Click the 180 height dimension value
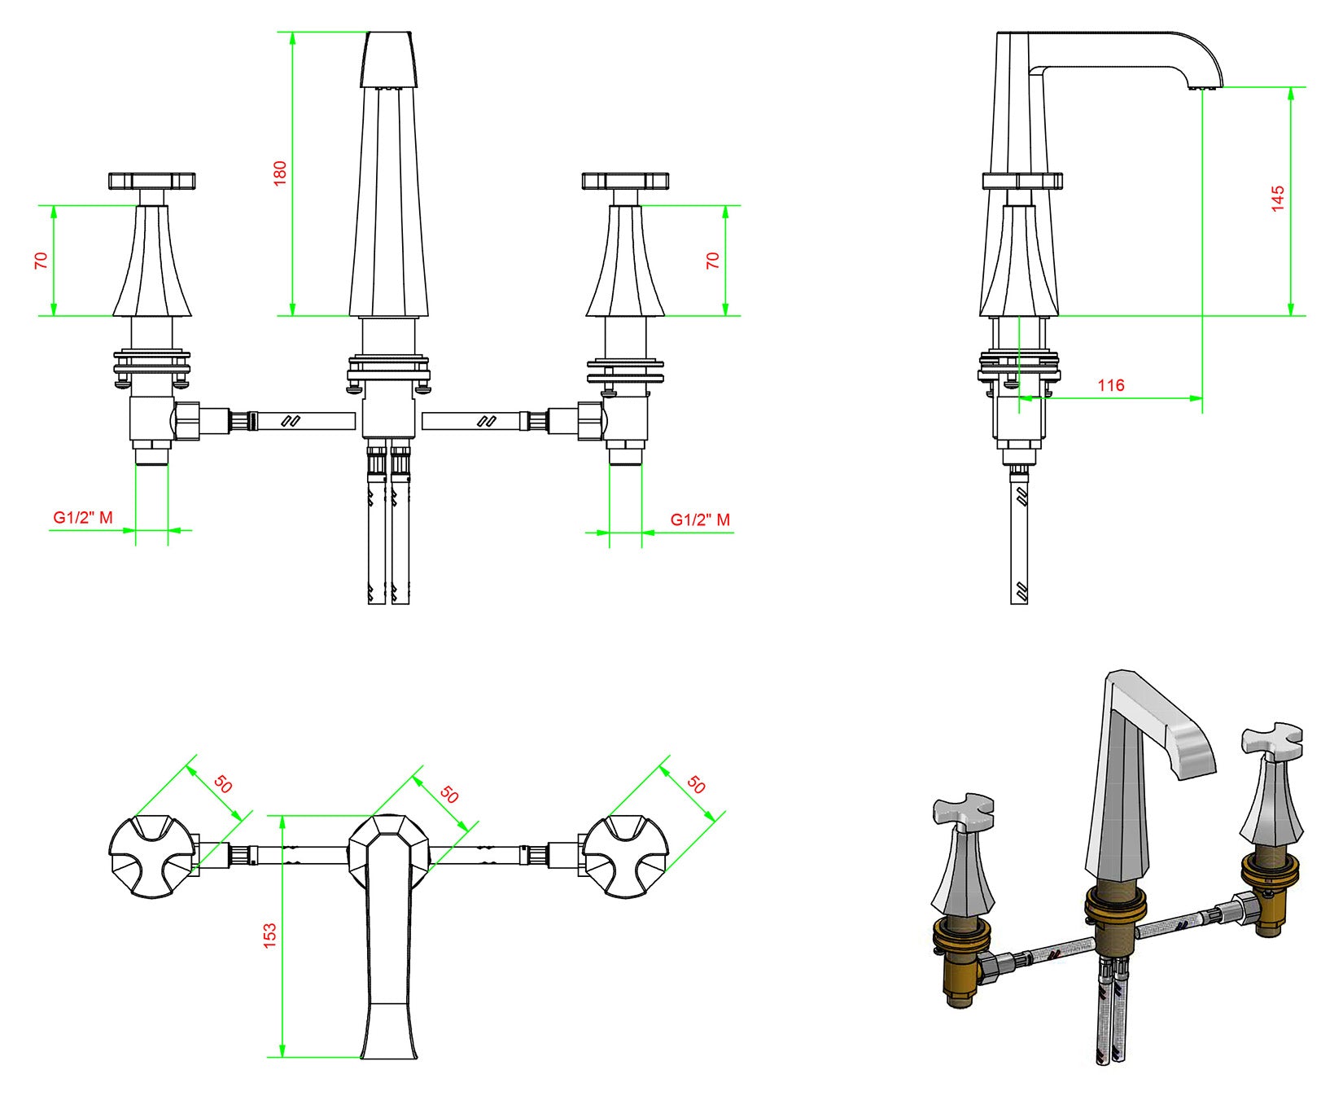point(281,173)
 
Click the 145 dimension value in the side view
point(1278,199)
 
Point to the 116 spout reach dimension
point(1111,385)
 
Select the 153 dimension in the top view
point(269,934)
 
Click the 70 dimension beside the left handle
point(42,261)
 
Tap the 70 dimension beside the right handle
point(713,261)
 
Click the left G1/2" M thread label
point(83,517)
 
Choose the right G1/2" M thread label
point(700,520)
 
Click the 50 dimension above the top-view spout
point(449,794)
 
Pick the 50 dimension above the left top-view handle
point(223,784)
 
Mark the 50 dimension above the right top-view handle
point(696,785)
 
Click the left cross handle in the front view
point(152,181)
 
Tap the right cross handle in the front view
point(625,181)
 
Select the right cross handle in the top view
point(625,857)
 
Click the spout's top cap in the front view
point(390,59)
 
